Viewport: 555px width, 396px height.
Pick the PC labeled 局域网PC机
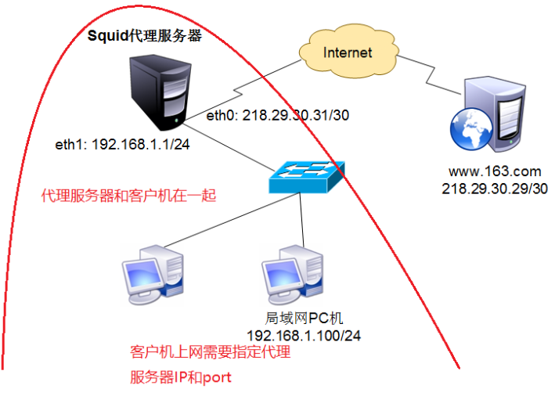[294, 274]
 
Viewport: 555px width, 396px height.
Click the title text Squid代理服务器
[145, 36]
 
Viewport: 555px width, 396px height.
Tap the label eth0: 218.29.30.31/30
[277, 115]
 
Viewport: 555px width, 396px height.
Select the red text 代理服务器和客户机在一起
[128, 196]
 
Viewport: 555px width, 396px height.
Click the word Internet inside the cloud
[348, 52]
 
